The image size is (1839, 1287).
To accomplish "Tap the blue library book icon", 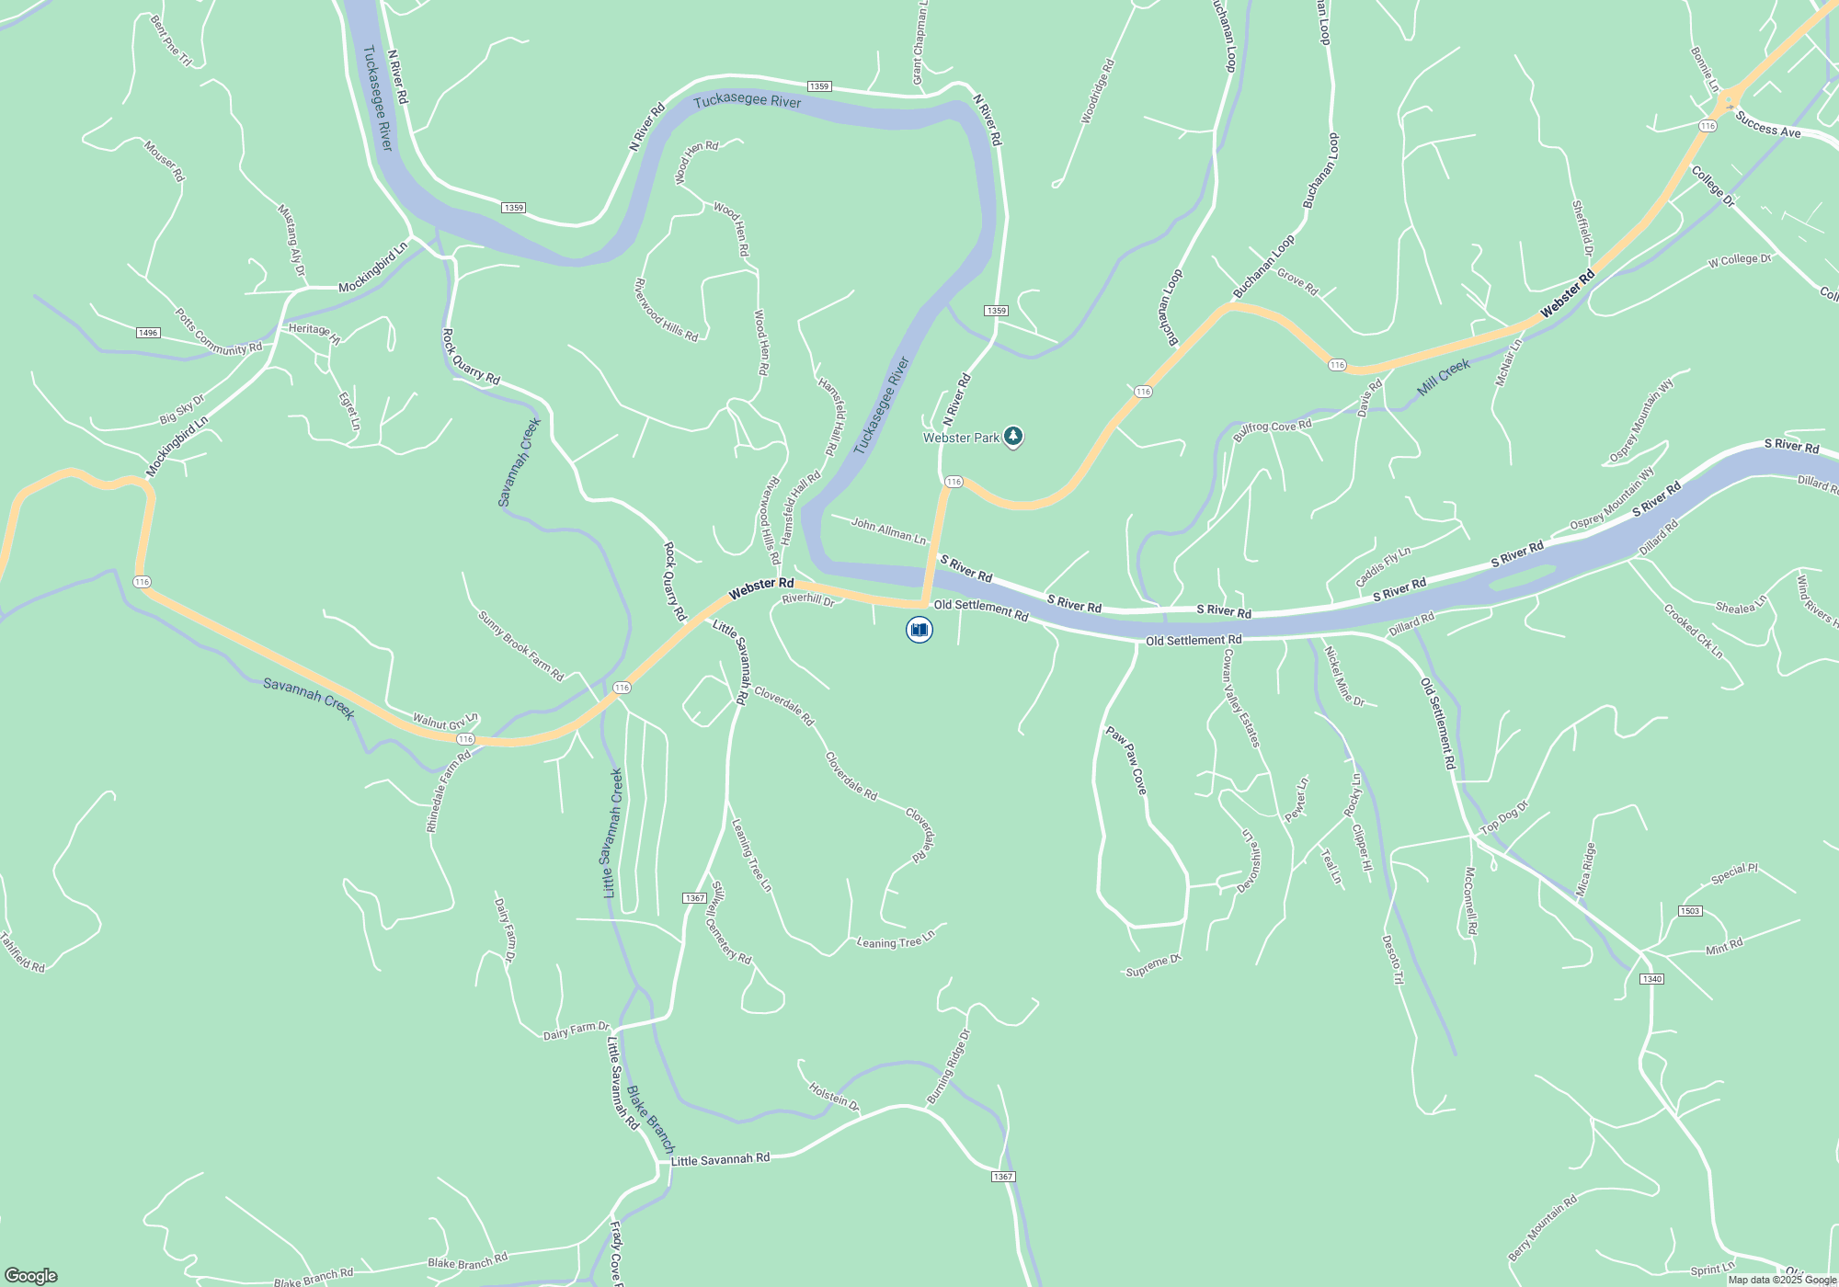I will click(x=919, y=630).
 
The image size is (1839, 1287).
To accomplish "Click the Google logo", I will click(x=31, y=1275).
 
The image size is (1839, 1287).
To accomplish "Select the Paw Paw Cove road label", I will click(x=1126, y=760).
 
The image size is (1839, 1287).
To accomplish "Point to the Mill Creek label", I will click(x=1443, y=377).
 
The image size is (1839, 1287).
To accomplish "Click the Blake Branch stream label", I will click(x=650, y=1119).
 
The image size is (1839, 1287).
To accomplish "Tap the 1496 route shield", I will click(x=148, y=333).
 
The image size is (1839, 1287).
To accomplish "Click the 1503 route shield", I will click(x=1690, y=911).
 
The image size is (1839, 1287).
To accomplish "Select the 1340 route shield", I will click(x=1651, y=979).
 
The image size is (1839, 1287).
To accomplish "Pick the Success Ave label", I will click(x=1767, y=125).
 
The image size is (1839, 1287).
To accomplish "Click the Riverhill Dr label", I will click(x=807, y=599).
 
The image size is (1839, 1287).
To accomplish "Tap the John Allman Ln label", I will click(x=888, y=530).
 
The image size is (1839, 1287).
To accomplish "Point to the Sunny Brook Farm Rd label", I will click(x=520, y=645).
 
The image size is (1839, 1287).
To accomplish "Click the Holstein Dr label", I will click(x=833, y=1096).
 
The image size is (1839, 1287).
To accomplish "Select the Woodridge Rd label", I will click(x=1098, y=92).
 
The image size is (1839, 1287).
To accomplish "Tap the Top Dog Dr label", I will click(x=1504, y=817).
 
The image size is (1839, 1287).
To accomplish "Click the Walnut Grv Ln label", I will click(x=445, y=721).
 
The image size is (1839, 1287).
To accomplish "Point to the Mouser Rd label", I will click(x=165, y=161).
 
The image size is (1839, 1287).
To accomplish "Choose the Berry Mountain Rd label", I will click(x=1542, y=1228).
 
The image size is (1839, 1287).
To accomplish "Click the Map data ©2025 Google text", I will click(x=1782, y=1280).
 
